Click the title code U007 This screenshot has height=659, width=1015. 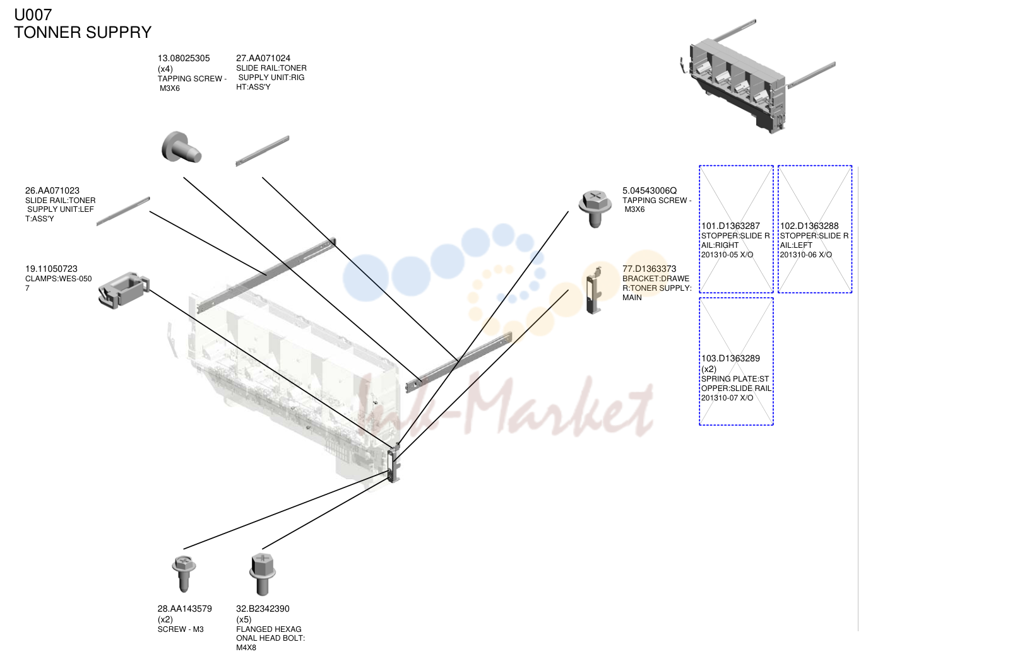[33, 15]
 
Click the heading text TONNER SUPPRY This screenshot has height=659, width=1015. [83, 33]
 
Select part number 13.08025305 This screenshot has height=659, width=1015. [184, 59]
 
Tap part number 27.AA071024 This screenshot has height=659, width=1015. [263, 59]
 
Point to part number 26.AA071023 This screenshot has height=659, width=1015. [52, 190]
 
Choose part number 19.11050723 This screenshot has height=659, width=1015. [51, 269]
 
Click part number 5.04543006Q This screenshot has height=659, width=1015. [650, 190]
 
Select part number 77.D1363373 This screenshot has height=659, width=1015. [650, 269]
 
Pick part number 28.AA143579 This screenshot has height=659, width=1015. [184, 609]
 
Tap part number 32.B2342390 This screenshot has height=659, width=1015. [263, 609]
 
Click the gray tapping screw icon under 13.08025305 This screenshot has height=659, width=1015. [181, 147]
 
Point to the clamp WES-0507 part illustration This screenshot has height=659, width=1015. [124, 290]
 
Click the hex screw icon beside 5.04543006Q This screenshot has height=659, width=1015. [595, 209]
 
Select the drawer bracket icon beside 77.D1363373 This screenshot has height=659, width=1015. [594, 290]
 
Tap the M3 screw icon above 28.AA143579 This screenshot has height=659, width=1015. [184, 574]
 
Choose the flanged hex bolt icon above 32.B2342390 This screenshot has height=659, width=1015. [263, 574]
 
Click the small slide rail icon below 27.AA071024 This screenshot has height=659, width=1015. [263, 151]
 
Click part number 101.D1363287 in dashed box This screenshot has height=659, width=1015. [730, 226]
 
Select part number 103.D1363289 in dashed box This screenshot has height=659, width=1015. [730, 358]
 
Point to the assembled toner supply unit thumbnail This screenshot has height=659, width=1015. [757, 76]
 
